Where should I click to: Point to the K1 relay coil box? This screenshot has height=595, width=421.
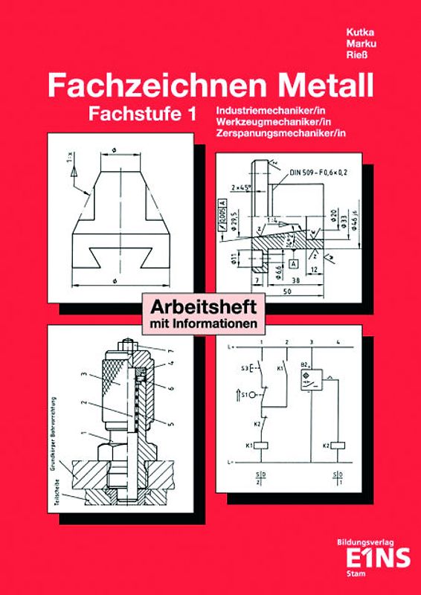pos(262,445)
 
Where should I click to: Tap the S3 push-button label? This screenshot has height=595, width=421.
pos(243,367)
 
